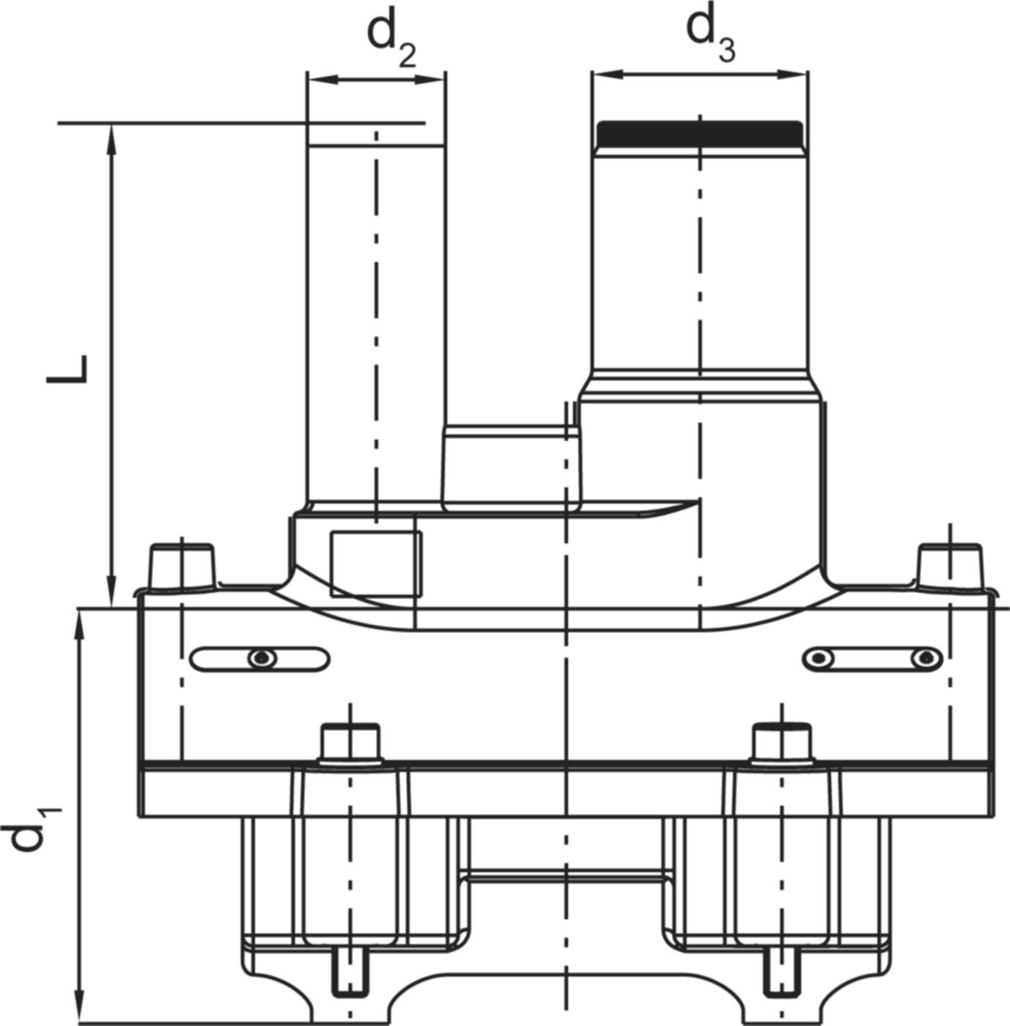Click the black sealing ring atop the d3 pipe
click(x=700, y=134)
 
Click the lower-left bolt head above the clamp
click(x=351, y=741)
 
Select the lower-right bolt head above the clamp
click(x=782, y=741)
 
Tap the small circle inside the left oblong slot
click(x=261, y=658)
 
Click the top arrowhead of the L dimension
click(x=111, y=134)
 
